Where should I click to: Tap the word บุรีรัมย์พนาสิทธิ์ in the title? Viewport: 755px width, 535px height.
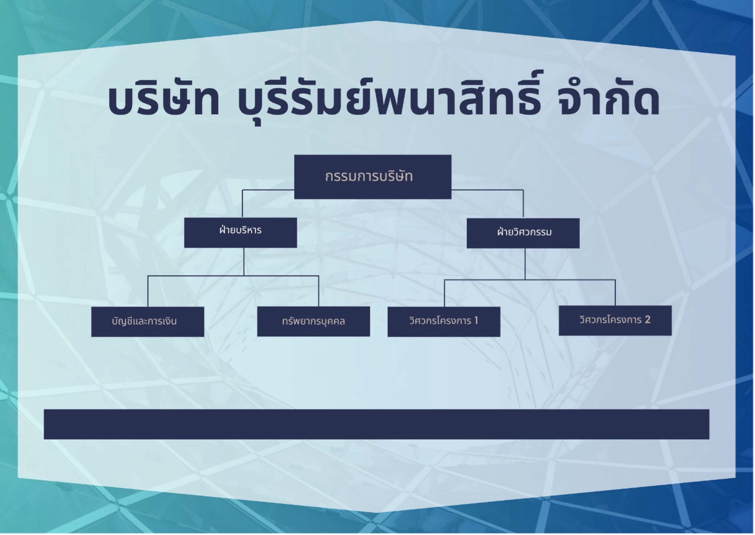pyautogui.click(x=389, y=100)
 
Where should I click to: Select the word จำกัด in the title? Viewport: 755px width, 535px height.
pyautogui.click(x=608, y=100)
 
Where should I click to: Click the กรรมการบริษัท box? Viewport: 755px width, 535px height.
pyautogui.click(x=372, y=177)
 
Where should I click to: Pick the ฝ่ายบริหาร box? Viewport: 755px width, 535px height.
pyautogui.click(x=240, y=232)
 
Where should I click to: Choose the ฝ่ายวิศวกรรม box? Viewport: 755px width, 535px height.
pyautogui.click(x=523, y=233)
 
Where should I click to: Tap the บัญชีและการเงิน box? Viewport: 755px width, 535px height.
pyautogui.click(x=147, y=321)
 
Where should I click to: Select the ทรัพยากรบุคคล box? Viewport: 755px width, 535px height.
pyautogui.click(x=313, y=321)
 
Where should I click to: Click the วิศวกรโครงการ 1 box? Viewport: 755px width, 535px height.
pyautogui.click(x=444, y=321)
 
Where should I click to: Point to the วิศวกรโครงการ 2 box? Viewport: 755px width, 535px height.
pyautogui.click(x=615, y=320)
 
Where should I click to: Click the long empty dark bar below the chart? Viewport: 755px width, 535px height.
pyautogui.click(x=376, y=424)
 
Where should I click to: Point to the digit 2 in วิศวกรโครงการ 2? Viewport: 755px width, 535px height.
pyautogui.click(x=647, y=320)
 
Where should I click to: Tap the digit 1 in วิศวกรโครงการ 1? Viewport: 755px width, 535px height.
pyautogui.click(x=476, y=321)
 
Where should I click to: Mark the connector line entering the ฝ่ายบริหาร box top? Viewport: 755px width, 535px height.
pyautogui.click(x=242, y=204)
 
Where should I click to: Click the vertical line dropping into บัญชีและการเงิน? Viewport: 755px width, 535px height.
pyautogui.click(x=148, y=292)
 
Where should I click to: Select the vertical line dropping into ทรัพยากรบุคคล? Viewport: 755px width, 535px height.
pyautogui.click(x=319, y=292)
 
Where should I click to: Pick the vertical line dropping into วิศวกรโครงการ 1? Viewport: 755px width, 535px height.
pyautogui.click(x=444, y=294)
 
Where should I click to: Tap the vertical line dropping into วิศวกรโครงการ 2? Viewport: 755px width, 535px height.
pyautogui.click(x=615, y=293)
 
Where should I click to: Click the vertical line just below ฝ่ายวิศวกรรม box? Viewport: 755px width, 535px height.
pyautogui.click(x=525, y=264)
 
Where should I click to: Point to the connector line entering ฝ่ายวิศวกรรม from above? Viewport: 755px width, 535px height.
pyautogui.click(x=523, y=204)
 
